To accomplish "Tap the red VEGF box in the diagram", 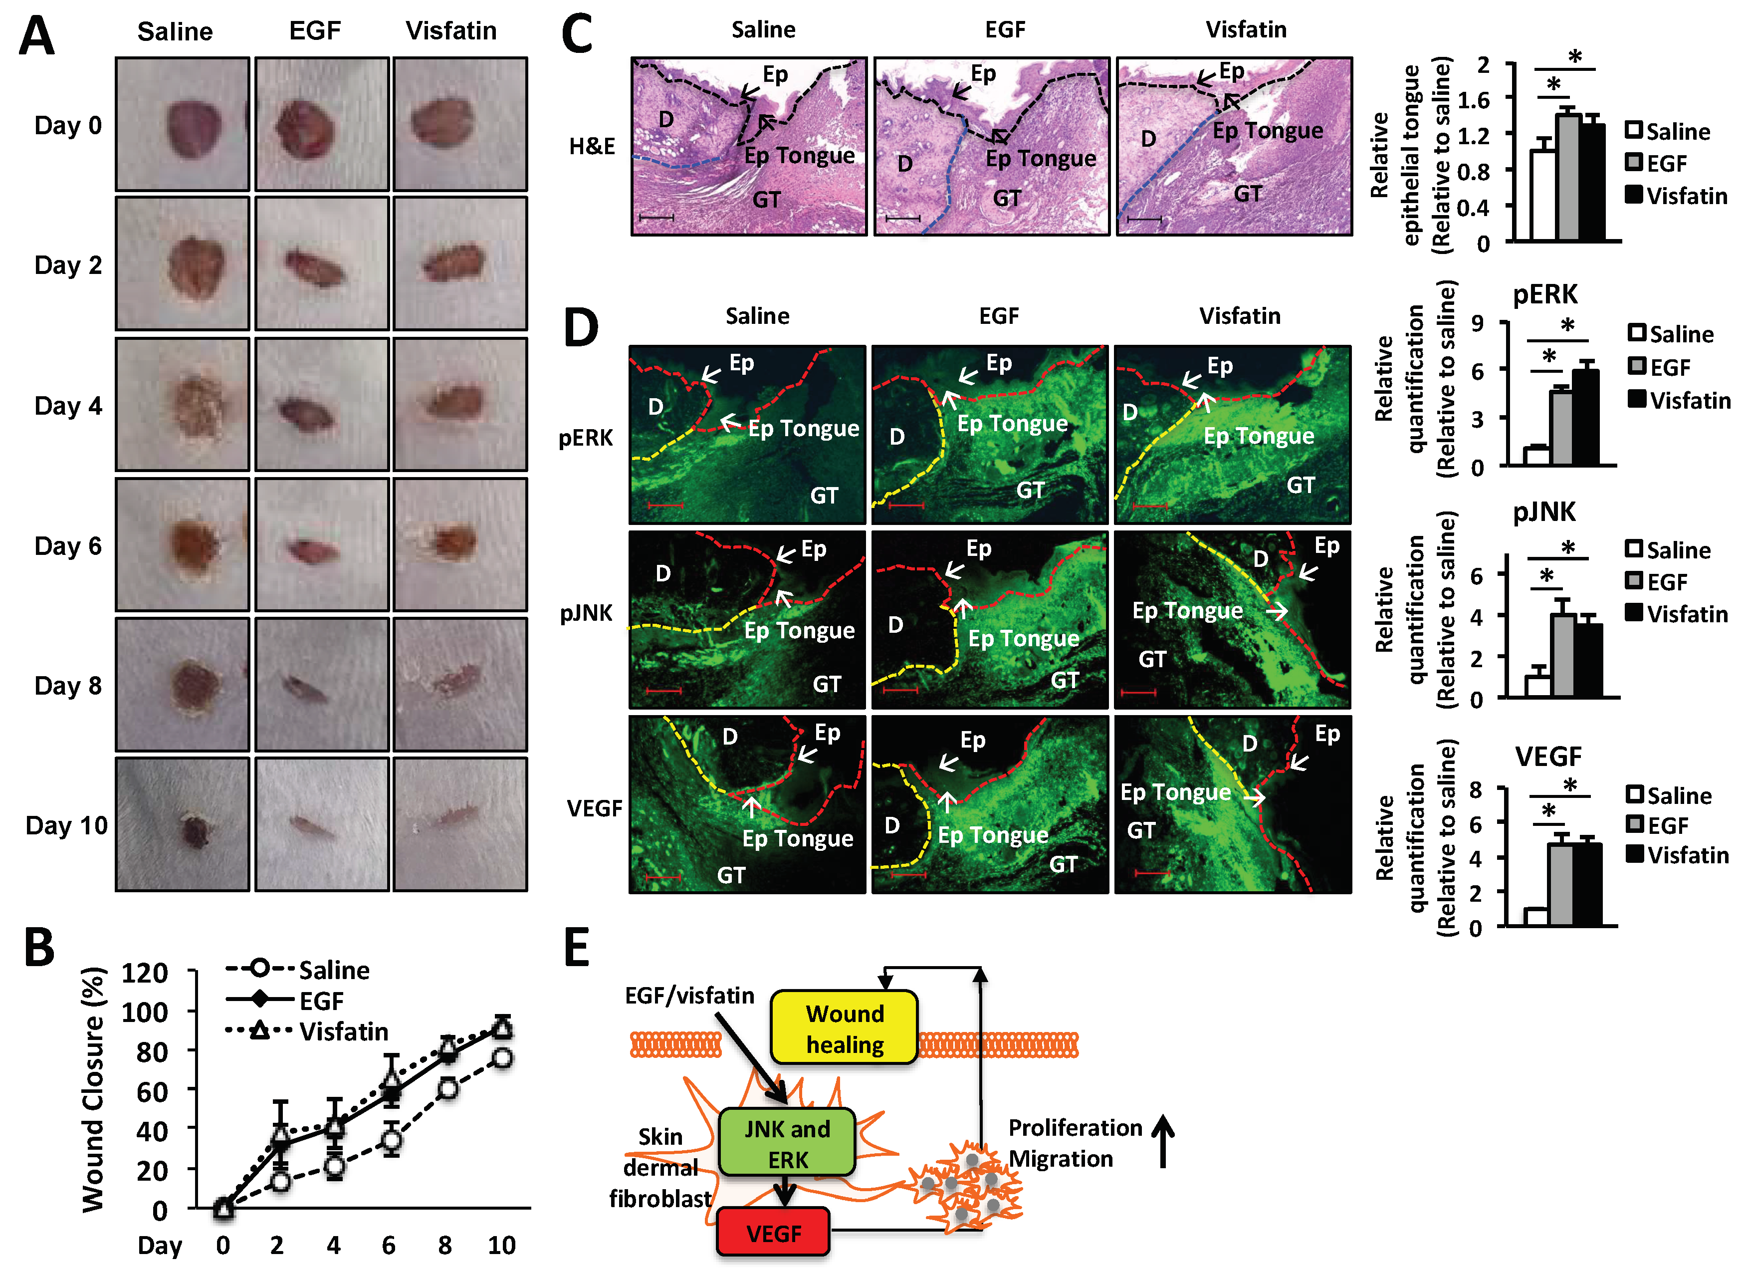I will point(773,1233).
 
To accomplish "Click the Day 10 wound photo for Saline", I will point(183,824).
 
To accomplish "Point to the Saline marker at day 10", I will point(502,1058).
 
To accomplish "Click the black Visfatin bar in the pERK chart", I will point(1585,418).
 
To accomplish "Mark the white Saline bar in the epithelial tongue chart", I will point(1542,195).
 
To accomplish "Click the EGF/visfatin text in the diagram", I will point(689,996).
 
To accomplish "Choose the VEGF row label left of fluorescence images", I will point(594,808).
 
